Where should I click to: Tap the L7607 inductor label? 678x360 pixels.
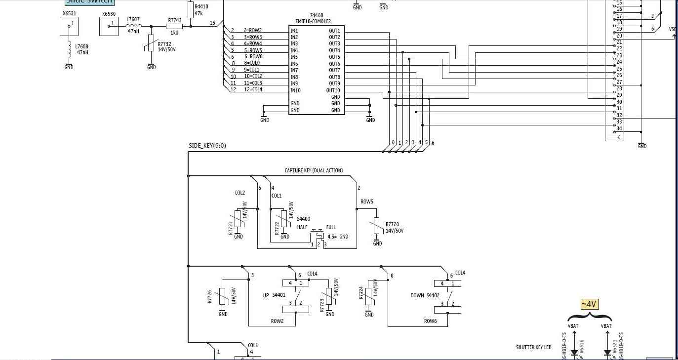[133, 19]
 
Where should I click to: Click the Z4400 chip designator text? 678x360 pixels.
[317, 15]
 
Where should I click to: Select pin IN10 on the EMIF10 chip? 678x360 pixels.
[295, 90]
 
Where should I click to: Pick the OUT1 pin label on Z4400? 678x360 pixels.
[334, 31]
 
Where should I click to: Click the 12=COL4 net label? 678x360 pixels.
[253, 90]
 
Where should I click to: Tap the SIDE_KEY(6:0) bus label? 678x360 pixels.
[207, 146]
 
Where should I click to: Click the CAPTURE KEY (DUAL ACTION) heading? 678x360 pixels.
[314, 170]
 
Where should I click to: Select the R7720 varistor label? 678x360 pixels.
[392, 224]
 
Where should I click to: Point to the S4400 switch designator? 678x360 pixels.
[303, 219]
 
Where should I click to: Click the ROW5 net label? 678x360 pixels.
[367, 202]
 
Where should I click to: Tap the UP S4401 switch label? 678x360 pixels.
[274, 295]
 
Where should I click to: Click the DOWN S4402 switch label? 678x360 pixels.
[425, 295]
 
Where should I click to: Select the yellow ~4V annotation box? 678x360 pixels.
[589, 304]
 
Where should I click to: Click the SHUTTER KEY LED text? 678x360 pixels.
[533, 347]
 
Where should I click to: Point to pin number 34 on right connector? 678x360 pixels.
[619, 128]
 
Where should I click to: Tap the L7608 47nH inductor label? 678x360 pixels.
[82, 49]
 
